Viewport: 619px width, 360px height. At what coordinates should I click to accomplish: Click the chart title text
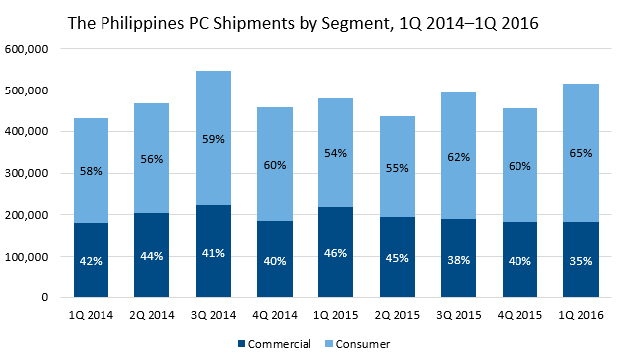(303, 23)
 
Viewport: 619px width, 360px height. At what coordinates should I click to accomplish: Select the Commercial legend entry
(275, 344)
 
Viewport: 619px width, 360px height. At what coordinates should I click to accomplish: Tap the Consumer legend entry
(357, 344)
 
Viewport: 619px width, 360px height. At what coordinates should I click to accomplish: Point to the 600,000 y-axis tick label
(26, 49)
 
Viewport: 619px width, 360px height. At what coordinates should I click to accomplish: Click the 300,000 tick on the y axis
(26, 173)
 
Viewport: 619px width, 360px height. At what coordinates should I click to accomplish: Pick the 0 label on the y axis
(44, 297)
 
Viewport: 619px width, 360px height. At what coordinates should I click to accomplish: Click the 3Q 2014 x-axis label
(213, 315)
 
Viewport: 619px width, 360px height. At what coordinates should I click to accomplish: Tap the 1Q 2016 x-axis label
(581, 315)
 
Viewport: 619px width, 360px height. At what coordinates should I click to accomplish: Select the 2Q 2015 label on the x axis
(397, 315)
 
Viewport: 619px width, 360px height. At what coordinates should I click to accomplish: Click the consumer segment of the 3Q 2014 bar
(213, 137)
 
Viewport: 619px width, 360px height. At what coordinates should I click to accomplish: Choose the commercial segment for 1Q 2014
(91, 260)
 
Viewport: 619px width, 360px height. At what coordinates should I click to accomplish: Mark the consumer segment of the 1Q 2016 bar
(581, 152)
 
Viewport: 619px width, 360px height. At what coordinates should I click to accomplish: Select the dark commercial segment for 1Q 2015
(336, 252)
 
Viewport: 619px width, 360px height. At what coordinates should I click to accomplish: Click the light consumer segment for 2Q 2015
(397, 167)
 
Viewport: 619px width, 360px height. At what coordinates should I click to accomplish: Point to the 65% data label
(581, 153)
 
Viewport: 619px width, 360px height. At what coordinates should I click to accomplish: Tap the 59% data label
(213, 139)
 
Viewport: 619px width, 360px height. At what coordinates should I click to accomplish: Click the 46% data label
(336, 253)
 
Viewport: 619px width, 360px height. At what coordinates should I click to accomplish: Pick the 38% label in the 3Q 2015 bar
(459, 260)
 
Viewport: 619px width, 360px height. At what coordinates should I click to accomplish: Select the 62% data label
(459, 157)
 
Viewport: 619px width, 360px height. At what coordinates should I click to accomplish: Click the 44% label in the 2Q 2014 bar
(152, 256)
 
